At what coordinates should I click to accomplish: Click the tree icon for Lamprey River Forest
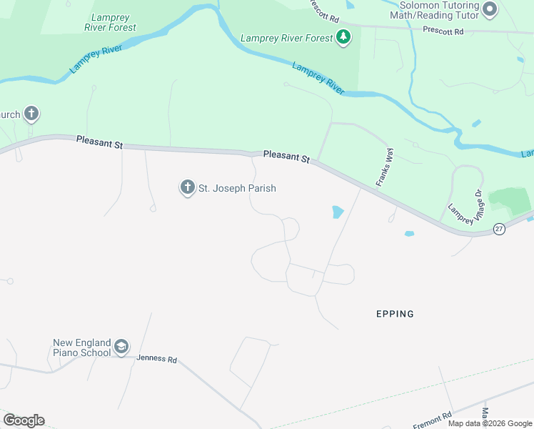coord(343,37)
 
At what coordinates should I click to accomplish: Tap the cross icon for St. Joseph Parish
coord(187,188)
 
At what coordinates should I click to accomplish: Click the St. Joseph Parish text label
coord(237,188)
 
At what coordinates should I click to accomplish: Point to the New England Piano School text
coord(81,347)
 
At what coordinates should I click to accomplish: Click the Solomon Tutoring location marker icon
coord(489,9)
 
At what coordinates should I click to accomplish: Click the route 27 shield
coord(499,229)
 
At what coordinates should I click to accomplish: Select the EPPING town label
coord(395,314)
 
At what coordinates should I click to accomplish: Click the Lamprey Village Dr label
coord(465,207)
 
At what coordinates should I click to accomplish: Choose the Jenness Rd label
coord(156,359)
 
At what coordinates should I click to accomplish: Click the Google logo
coord(24,420)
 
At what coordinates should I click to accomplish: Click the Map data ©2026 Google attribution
coord(490,423)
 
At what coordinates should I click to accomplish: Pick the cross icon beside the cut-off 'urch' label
coord(31,114)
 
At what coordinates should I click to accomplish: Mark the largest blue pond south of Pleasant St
coord(337,212)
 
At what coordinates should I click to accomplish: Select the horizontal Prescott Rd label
coord(443,31)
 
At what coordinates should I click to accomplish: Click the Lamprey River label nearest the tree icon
coord(318,77)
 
